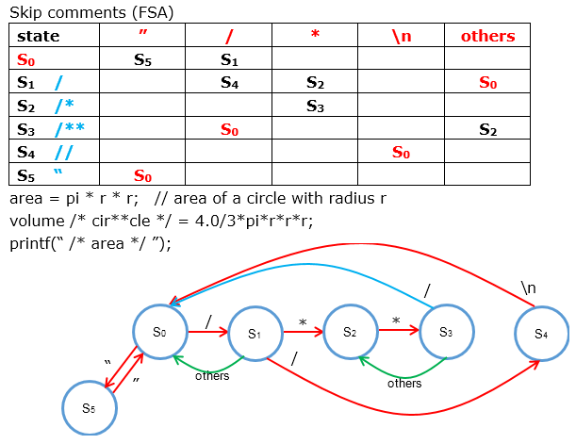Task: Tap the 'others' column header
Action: point(487,37)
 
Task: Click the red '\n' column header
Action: point(401,37)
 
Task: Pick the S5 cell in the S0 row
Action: point(142,59)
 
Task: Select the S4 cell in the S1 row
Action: point(229,83)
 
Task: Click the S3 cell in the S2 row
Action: point(316,107)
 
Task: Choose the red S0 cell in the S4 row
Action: point(402,152)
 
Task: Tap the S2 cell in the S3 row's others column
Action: point(487,129)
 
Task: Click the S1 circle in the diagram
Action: point(254,334)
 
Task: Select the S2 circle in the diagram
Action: point(350,332)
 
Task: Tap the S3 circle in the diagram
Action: point(446,332)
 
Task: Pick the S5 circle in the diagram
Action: point(89,408)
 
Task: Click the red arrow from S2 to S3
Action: point(397,332)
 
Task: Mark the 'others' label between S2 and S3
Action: point(404,383)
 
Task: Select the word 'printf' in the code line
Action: point(28,241)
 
